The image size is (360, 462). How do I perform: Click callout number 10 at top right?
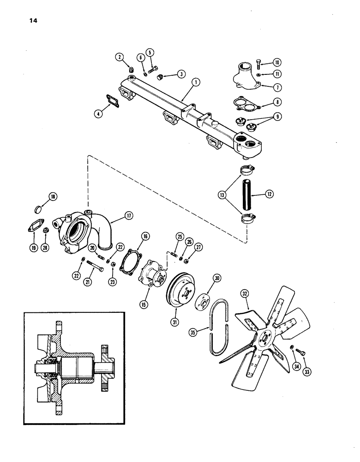277,62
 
